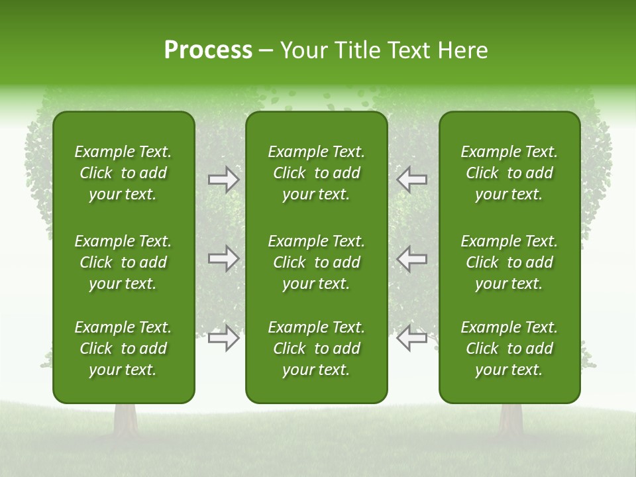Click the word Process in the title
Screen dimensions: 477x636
pos(208,50)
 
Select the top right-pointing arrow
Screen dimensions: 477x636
pos(224,180)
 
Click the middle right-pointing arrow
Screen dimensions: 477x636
pos(224,258)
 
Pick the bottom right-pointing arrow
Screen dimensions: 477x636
pos(224,338)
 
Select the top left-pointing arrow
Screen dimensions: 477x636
pos(411,180)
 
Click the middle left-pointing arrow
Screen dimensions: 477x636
pos(411,258)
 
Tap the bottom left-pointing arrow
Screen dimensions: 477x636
pos(411,338)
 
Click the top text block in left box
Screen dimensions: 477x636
pos(123,173)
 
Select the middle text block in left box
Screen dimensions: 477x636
pos(123,262)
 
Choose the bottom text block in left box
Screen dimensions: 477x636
pos(123,348)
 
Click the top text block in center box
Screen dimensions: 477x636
pos(316,173)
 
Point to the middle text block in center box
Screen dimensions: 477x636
pos(316,262)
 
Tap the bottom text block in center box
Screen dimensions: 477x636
pos(316,348)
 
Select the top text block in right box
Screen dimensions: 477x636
pos(509,173)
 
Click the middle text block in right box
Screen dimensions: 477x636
pos(509,262)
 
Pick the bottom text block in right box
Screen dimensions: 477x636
pos(509,348)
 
